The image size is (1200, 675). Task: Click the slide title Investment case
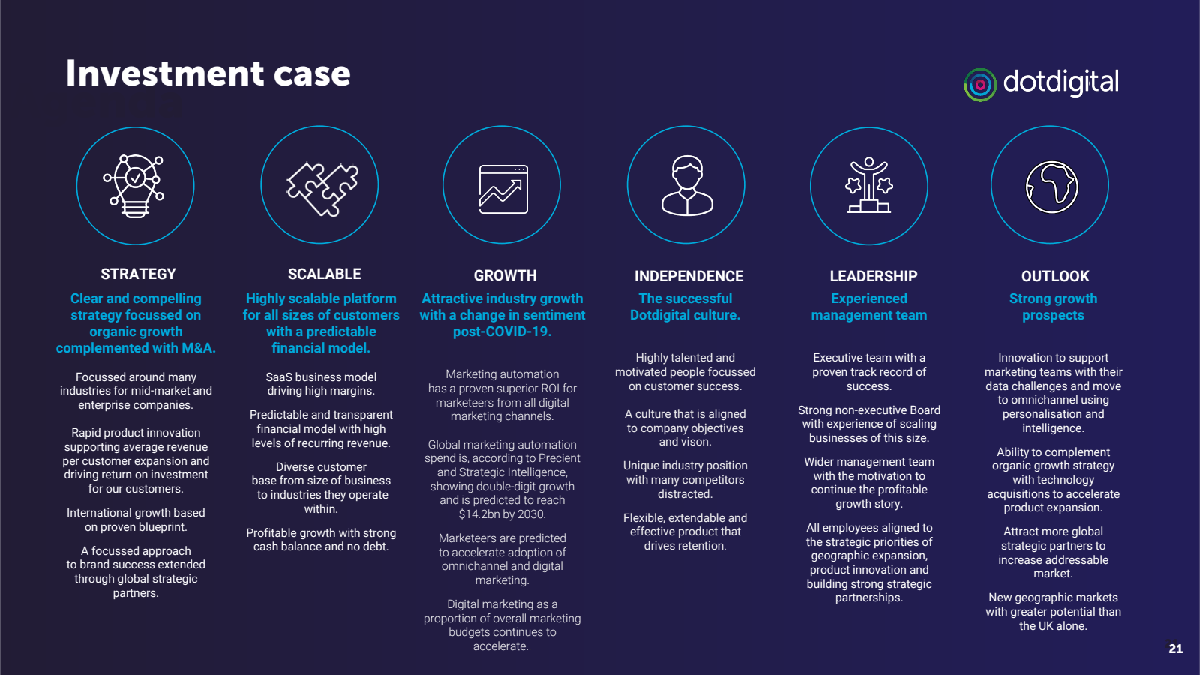click(208, 73)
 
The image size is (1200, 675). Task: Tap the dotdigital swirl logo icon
click(979, 85)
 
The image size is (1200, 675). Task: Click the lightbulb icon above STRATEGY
click(135, 185)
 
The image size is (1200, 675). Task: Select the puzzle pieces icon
click(320, 187)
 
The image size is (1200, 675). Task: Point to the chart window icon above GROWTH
click(502, 189)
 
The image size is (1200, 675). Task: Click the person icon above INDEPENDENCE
click(686, 185)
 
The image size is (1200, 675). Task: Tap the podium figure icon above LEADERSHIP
click(869, 185)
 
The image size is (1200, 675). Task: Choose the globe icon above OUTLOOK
click(1051, 187)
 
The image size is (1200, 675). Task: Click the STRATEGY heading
click(138, 274)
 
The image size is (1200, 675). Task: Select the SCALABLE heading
click(324, 274)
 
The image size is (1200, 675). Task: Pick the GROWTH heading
click(505, 275)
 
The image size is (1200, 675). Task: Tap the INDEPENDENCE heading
click(688, 276)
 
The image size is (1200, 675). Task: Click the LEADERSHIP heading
click(873, 276)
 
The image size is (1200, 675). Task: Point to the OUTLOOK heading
click(1054, 276)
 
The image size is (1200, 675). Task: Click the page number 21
click(1175, 649)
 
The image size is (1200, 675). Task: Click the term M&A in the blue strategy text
click(198, 348)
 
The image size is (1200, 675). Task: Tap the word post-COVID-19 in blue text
click(502, 331)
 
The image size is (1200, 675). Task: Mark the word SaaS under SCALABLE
click(279, 377)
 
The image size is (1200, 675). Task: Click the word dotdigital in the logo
click(1060, 82)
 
